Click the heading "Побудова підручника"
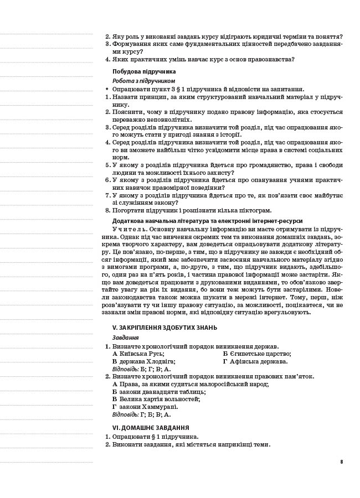click(144, 71)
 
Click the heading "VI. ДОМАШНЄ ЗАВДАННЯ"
click(150, 428)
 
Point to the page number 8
click(342, 461)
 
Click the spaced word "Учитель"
click(130, 229)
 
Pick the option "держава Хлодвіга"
click(146, 361)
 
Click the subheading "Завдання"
click(125, 337)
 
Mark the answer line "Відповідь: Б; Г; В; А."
click(141, 369)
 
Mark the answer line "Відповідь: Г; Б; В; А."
click(141, 414)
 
